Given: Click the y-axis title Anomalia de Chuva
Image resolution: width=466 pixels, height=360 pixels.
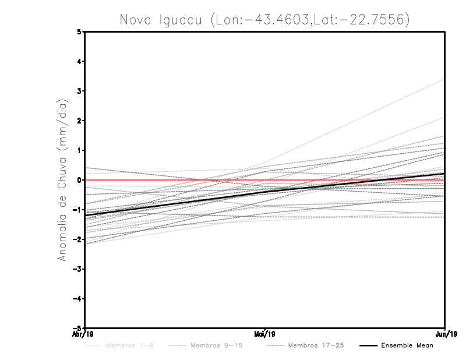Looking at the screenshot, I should [x=62, y=180].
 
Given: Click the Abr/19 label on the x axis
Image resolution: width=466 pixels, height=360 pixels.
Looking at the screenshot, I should [x=85, y=334].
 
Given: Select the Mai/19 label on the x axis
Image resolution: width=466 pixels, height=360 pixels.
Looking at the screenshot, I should [x=265, y=334].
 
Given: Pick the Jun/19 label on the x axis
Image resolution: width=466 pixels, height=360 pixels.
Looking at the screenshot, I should [x=445, y=334].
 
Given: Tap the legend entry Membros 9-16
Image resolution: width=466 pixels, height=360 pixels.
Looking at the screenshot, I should [x=216, y=345].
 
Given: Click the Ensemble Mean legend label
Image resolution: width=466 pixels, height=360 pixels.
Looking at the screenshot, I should [x=407, y=345].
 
